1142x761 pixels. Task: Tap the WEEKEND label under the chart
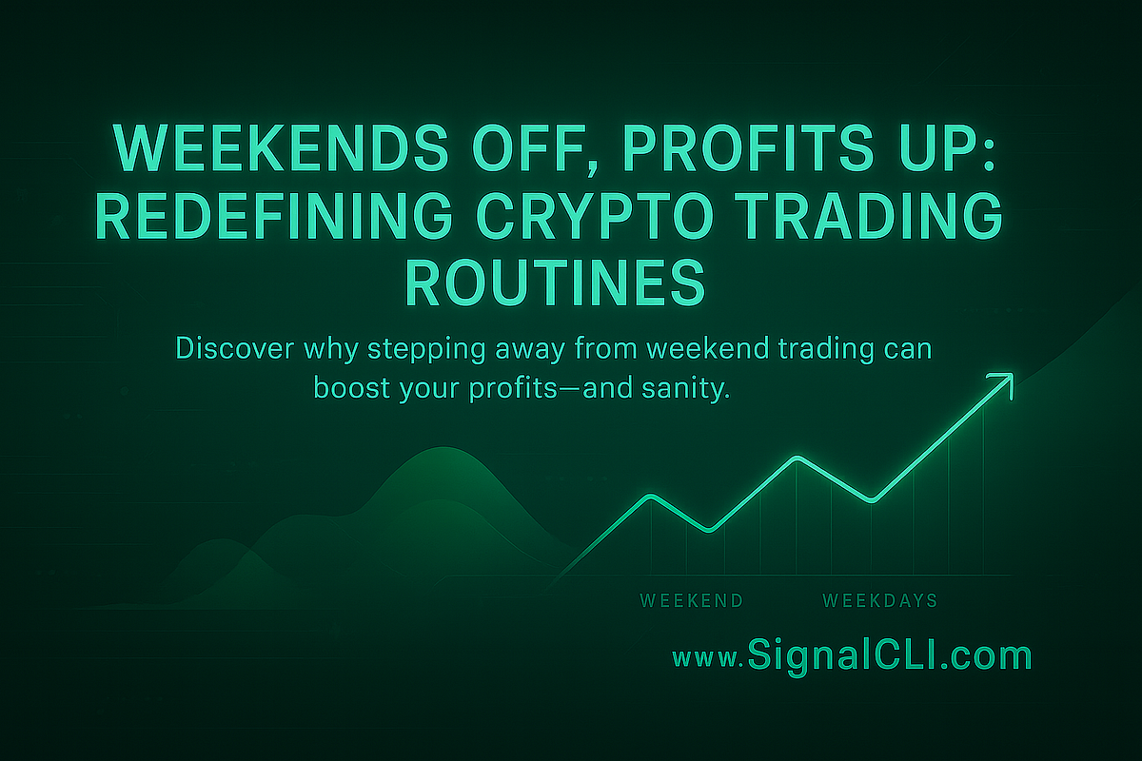coord(692,601)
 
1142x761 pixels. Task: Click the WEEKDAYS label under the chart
coord(879,601)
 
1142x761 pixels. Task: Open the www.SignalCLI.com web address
coord(852,656)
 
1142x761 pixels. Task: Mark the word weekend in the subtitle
coord(716,350)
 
